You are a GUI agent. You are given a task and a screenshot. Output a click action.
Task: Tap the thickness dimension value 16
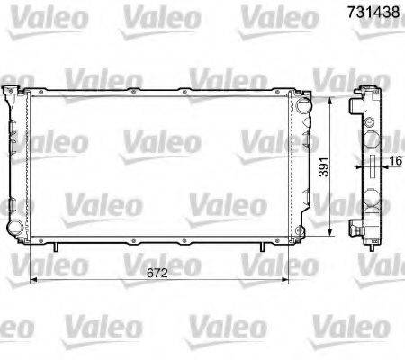[x=395, y=164]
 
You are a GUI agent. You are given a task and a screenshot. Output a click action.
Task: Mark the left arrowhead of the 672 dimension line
[x=33, y=279]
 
